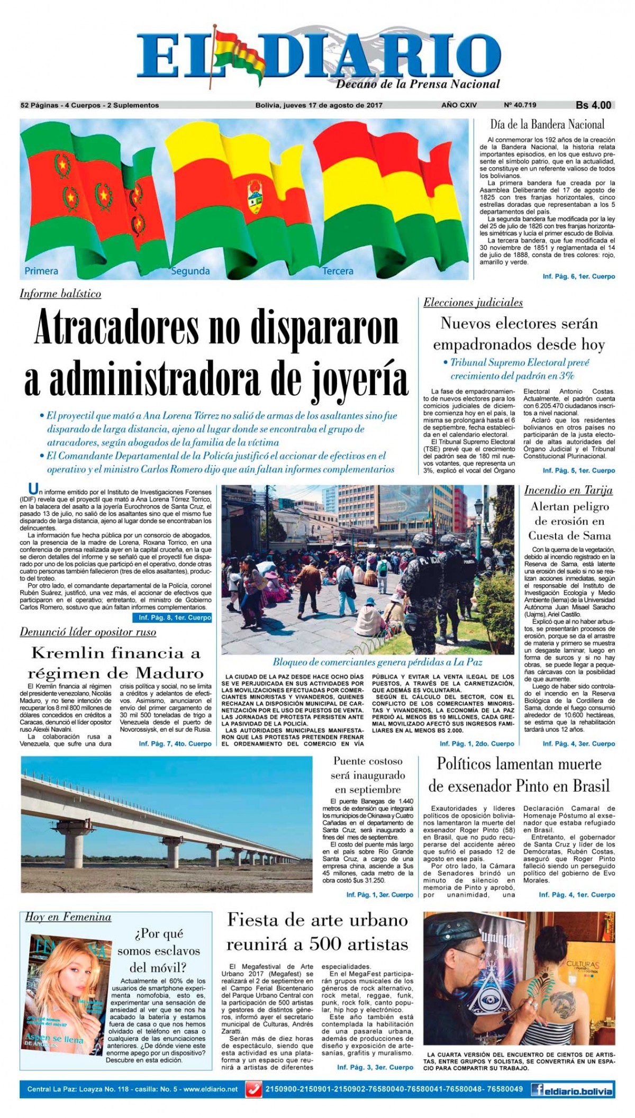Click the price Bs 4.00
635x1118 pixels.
click(593, 105)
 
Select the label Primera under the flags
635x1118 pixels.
click(41, 271)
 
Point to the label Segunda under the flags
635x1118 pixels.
click(190, 271)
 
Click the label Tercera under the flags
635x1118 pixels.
click(338, 271)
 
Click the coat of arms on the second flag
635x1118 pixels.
click(255, 198)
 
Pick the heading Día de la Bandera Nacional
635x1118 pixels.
click(547, 125)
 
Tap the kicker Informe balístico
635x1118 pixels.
click(60, 294)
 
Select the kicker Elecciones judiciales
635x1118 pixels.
click(473, 303)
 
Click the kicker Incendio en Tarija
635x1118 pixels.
click(568, 490)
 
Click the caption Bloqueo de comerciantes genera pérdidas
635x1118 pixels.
click(377, 662)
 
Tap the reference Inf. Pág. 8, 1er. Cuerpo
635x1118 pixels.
click(175, 617)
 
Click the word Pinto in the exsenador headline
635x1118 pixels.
click(539, 786)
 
